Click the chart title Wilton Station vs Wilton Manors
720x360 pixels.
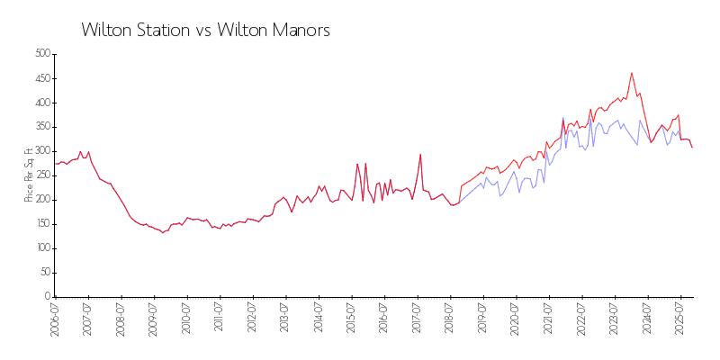pyautogui.click(x=205, y=30)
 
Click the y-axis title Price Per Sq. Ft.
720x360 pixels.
pyautogui.click(x=29, y=175)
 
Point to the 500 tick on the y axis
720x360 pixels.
pyautogui.click(x=41, y=54)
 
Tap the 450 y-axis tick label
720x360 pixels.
pyautogui.click(x=41, y=78)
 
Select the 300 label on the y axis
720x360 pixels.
pyautogui.click(x=41, y=151)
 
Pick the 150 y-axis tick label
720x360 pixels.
pyautogui.click(x=41, y=224)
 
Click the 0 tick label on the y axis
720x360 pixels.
pyautogui.click(x=47, y=297)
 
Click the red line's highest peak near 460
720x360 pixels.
pyautogui.click(x=632, y=73)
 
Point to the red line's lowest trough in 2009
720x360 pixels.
pyautogui.click(x=162, y=233)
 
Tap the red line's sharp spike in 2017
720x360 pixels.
pyautogui.click(x=420, y=154)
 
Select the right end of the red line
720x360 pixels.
pyautogui.click(x=692, y=147)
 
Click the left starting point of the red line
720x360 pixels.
pyautogui.click(x=55, y=164)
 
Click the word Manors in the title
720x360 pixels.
pyautogui.click(x=301, y=30)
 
